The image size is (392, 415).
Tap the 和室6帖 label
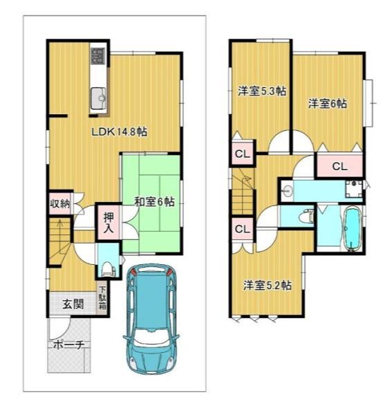tap(153, 202)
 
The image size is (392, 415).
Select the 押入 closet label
tap(109, 222)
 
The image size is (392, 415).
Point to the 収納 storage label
tap(59, 203)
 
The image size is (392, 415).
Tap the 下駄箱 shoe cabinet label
tap(102, 301)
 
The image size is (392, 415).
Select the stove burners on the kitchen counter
tap(97, 56)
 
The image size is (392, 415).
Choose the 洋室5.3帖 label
tap(262, 91)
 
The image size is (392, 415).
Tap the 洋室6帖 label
tap(328, 104)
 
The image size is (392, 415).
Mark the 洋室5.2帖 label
tap(267, 284)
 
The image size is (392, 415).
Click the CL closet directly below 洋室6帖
tap(339, 166)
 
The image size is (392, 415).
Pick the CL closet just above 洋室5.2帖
tap(242, 229)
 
